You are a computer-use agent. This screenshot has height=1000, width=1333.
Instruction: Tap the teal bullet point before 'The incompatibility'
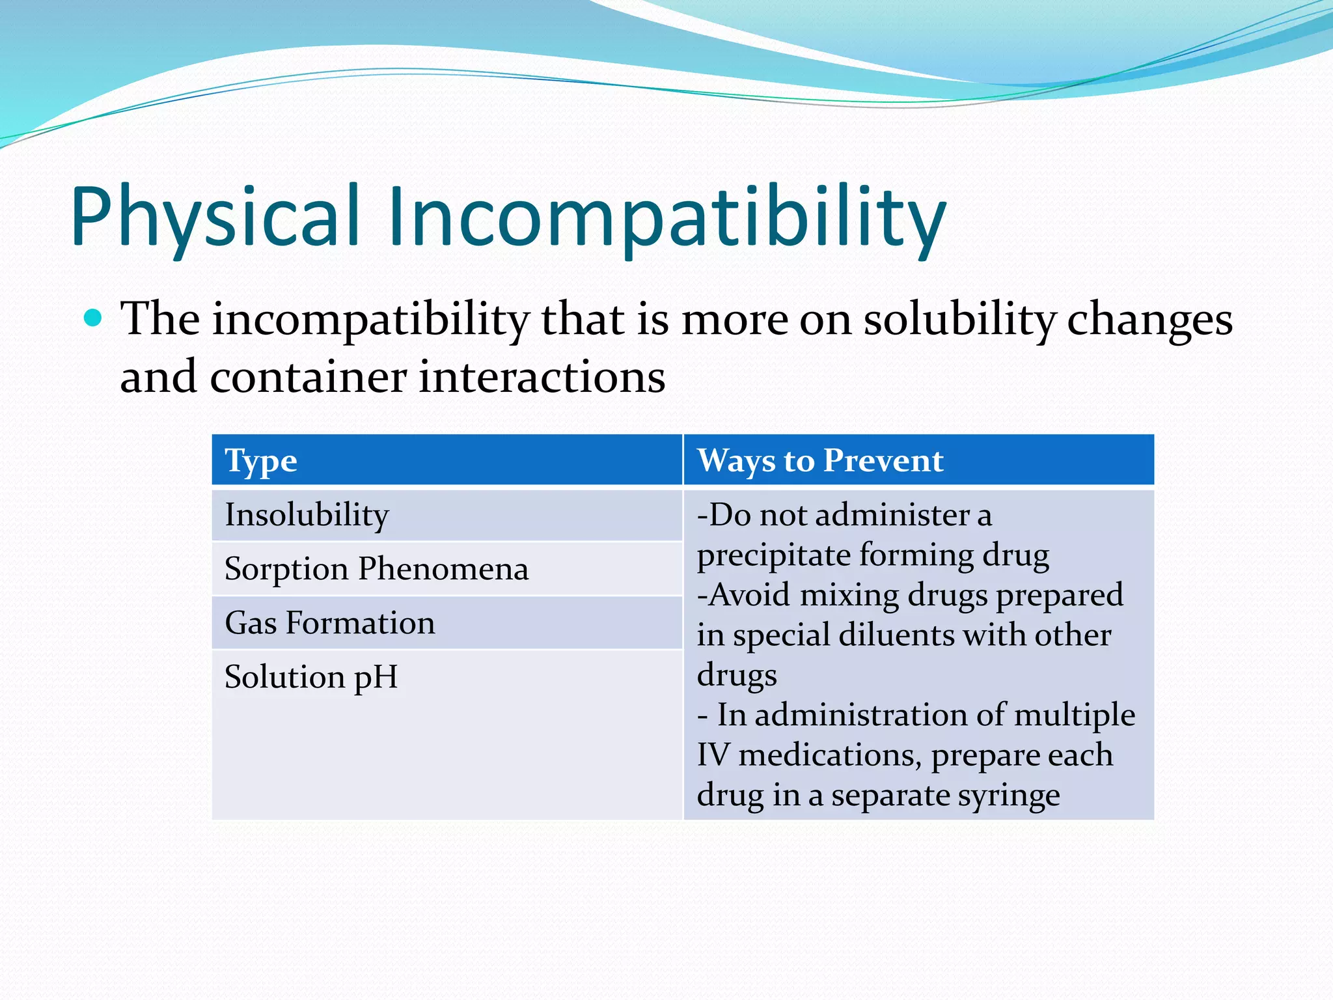[94, 318]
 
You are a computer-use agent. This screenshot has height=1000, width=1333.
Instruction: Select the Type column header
[261, 462]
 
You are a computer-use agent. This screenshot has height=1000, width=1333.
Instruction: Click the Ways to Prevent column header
[820, 461]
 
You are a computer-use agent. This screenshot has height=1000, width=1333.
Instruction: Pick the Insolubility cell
[307, 516]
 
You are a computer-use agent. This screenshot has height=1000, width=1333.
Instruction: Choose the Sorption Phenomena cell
[376, 569]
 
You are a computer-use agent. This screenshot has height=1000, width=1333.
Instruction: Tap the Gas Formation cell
[330, 623]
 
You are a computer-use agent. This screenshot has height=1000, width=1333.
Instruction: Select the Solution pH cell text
[311, 677]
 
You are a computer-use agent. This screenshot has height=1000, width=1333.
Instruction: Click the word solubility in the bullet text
[959, 320]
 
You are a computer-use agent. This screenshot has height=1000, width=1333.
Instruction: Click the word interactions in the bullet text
[542, 378]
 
